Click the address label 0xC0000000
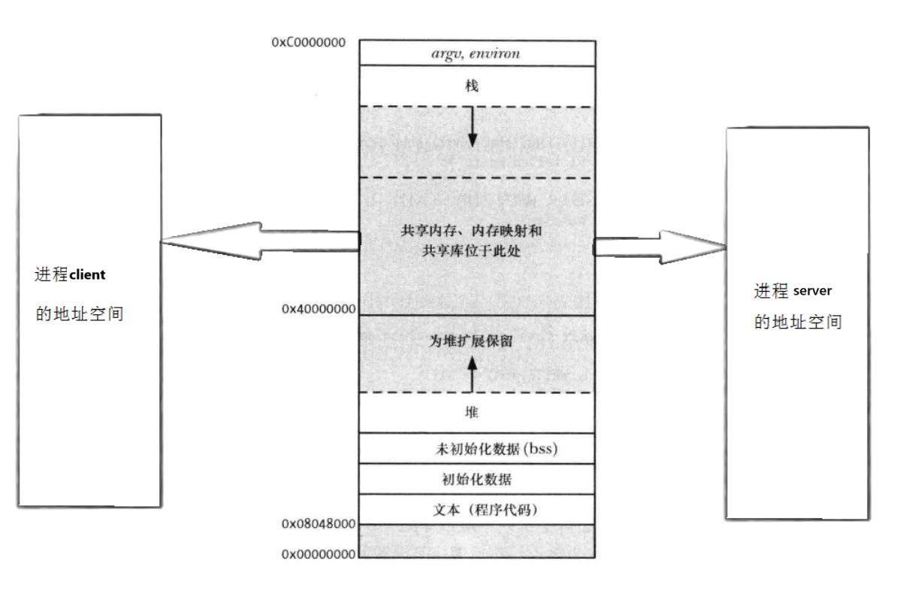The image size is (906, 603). click(309, 42)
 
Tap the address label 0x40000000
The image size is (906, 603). click(319, 308)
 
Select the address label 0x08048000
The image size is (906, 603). click(319, 523)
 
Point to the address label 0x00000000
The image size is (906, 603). click(319, 554)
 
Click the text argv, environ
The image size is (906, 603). click(476, 53)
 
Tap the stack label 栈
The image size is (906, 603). click(472, 86)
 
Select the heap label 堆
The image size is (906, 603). click(472, 412)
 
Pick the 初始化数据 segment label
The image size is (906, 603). click(477, 478)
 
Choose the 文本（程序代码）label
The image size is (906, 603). click(486, 510)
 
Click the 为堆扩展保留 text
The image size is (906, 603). click(471, 341)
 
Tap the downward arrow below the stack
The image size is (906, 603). click(473, 126)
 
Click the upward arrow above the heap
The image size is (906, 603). click(472, 373)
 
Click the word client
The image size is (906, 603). click(88, 275)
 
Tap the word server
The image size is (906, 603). click(812, 291)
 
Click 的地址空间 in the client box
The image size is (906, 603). click(80, 314)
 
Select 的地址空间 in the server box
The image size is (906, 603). click(798, 323)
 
